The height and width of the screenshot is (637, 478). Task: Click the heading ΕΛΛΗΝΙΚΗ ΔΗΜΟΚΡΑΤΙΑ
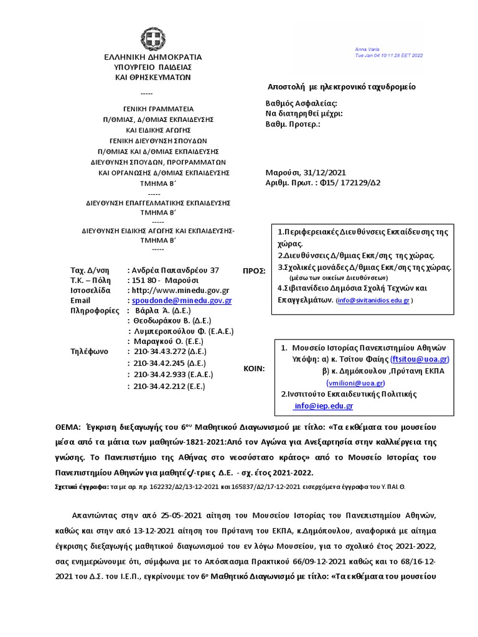click(152, 57)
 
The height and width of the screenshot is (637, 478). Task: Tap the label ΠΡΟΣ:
click(253, 271)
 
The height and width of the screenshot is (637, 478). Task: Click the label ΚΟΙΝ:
click(253, 369)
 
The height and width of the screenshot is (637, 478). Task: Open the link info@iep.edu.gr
click(323, 406)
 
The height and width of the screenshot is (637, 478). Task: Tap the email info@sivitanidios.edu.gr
click(372, 300)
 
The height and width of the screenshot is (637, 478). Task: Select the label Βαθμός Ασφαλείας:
click(301, 103)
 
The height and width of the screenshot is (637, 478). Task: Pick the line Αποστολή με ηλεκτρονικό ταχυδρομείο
click(341, 86)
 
